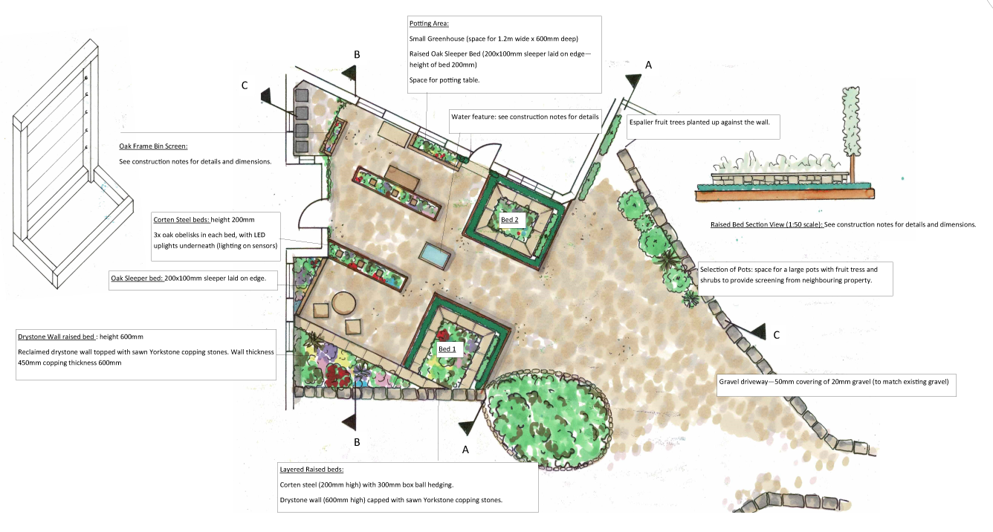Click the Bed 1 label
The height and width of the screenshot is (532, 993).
coord(447,349)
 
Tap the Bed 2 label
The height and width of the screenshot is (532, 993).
coord(509,219)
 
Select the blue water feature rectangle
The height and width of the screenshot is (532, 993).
coord(435,257)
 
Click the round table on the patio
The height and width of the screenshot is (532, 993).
coord(343,303)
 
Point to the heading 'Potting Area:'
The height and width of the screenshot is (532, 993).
coord(429,24)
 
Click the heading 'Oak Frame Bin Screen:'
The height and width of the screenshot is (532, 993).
coord(153,146)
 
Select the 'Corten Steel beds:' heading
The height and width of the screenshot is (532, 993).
coord(181,219)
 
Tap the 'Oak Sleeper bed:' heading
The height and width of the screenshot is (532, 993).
coord(137,278)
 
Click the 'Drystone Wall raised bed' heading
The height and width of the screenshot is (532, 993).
coord(56,337)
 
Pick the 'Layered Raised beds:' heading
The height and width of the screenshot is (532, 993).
coord(311,469)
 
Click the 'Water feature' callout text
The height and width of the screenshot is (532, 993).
coord(525,117)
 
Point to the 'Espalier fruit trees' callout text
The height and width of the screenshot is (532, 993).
coord(699,122)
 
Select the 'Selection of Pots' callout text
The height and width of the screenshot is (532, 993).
coord(789,274)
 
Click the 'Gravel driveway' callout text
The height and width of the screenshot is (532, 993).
coord(834,381)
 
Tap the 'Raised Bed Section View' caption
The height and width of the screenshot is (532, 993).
coord(766,224)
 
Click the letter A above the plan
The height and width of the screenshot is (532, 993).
coord(648,65)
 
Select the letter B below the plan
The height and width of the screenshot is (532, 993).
coord(357,442)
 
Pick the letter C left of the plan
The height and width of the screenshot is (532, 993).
coord(245,85)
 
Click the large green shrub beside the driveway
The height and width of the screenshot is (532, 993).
coord(548,419)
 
